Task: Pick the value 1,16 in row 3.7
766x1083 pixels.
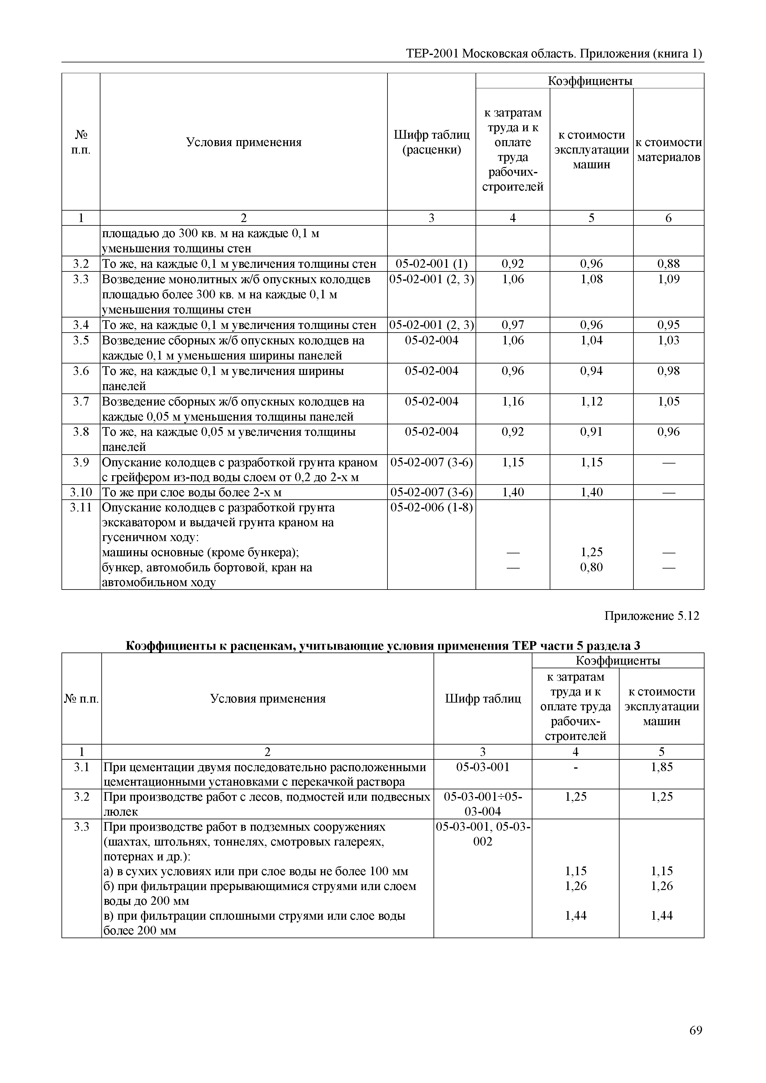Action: point(513,401)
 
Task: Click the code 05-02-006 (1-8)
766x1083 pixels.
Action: point(431,508)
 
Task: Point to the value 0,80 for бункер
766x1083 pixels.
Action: point(591,567)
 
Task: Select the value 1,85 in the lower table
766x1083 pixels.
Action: point(661,767)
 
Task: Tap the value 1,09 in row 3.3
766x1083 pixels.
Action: point(668,279)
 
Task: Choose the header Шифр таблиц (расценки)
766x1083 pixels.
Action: point(431,142)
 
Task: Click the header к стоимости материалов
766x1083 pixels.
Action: point(668,149)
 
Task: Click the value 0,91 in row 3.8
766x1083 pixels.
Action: point(591,432)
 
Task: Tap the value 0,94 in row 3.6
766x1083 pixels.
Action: point(591,371)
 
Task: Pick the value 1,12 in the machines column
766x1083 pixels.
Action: point(591,401)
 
